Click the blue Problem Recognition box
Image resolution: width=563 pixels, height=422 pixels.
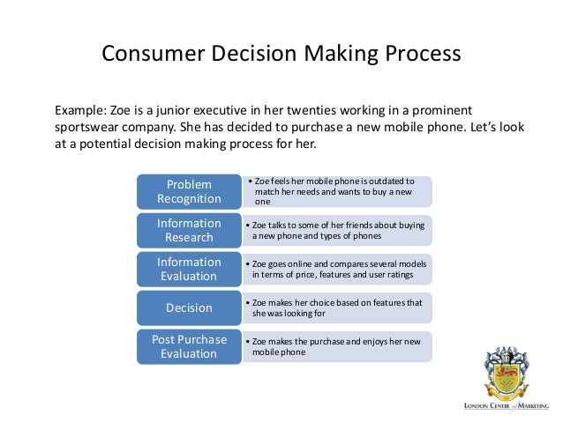coord(189,191)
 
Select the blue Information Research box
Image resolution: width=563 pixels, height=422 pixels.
coord(189,230)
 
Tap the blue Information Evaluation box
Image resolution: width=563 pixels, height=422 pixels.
coord(189,269)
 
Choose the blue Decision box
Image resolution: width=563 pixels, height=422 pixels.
coord(189,307)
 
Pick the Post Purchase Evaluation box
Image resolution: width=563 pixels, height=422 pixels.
coord(189,346)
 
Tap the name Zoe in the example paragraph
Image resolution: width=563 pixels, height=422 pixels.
coord(122,111)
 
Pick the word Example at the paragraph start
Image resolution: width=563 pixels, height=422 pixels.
coord(80,111)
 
